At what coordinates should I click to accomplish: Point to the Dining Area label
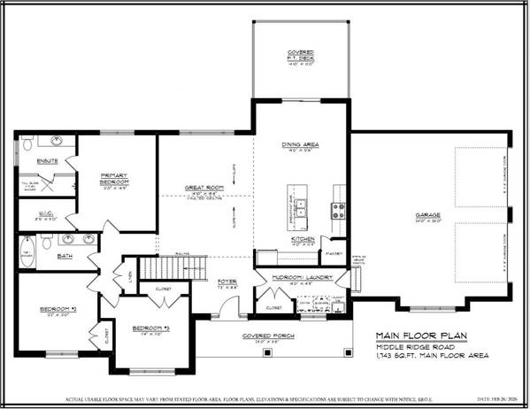[302, 145]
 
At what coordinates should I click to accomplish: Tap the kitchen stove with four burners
[337, 210]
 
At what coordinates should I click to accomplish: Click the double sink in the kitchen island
[302, 209]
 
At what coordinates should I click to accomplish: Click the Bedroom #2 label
[53, 309]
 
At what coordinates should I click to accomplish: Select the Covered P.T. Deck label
[302, 58]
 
